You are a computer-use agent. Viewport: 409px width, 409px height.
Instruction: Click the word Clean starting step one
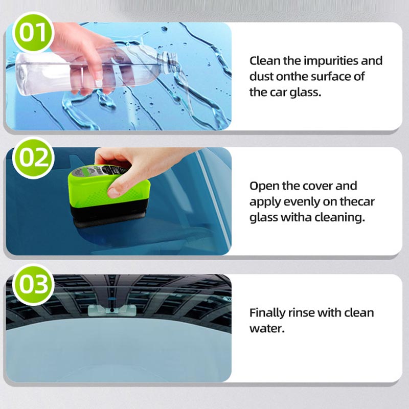coord(265,61)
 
